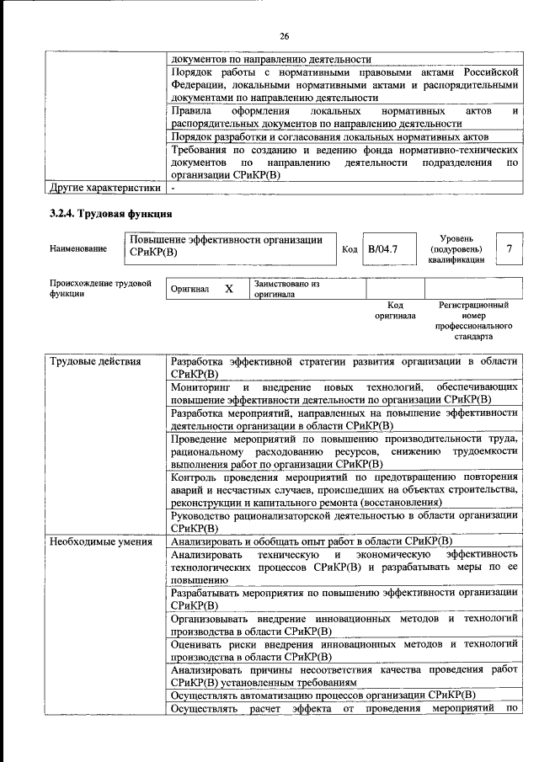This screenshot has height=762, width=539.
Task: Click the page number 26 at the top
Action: [284, 35]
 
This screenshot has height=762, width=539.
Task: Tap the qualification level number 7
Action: [508, 249]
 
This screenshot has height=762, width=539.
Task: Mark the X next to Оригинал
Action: [228, 289]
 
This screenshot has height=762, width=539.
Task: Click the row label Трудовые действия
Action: [84, 362]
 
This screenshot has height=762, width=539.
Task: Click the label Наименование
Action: [78, 249]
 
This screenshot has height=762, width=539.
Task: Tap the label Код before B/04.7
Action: [350, 249]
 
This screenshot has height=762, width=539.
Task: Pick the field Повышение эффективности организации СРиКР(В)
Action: [226, 246]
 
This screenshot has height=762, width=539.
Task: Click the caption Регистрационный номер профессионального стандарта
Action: [474, 321]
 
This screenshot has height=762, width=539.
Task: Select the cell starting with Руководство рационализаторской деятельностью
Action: [344, 521]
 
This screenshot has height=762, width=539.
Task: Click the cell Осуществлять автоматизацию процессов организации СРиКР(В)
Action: [323, 695]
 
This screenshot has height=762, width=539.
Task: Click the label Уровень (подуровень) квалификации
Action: [456, 249]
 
